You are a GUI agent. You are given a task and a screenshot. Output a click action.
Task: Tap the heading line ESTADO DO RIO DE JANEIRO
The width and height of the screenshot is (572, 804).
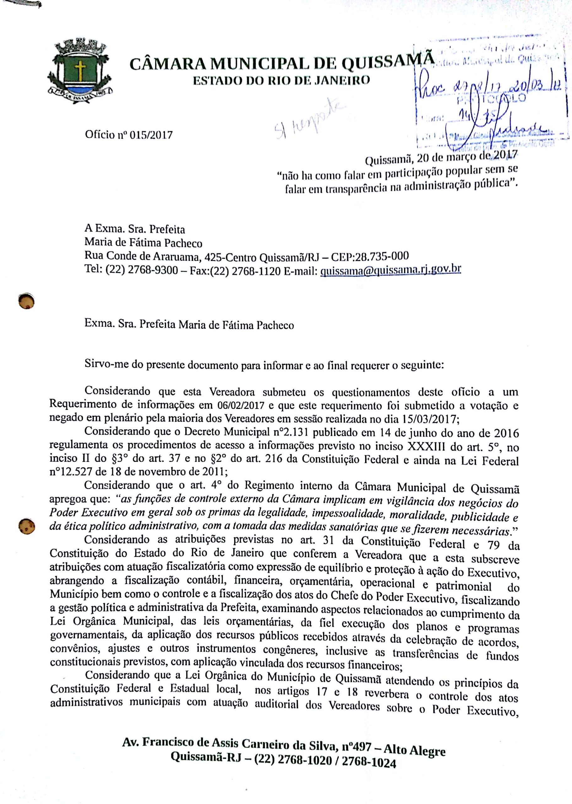pyautogui.click(x=281, y=81)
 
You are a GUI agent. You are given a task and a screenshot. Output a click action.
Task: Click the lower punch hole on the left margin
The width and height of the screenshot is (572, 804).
pyautogui.click(x=27, y=525)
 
